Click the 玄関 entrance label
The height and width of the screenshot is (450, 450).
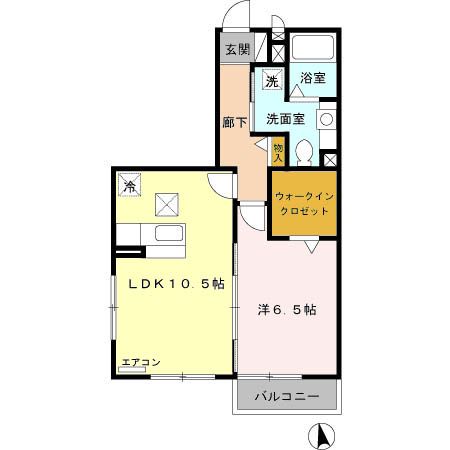click(236, 50)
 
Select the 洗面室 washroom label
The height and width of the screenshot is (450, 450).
click(284, 119)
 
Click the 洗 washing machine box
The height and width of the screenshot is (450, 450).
click(271, 81)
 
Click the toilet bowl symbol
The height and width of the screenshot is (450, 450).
click(307, 152)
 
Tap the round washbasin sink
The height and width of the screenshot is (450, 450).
click(326, 119)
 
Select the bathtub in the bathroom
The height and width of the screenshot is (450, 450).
click(315, 48)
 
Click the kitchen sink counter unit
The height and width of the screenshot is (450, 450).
click(165, 236)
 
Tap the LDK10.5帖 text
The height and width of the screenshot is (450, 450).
click(174, 284)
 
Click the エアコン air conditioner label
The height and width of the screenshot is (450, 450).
click(141, 362)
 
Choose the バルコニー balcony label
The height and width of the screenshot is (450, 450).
click(285, 397)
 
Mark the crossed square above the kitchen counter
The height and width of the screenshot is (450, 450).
click(166, 205)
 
